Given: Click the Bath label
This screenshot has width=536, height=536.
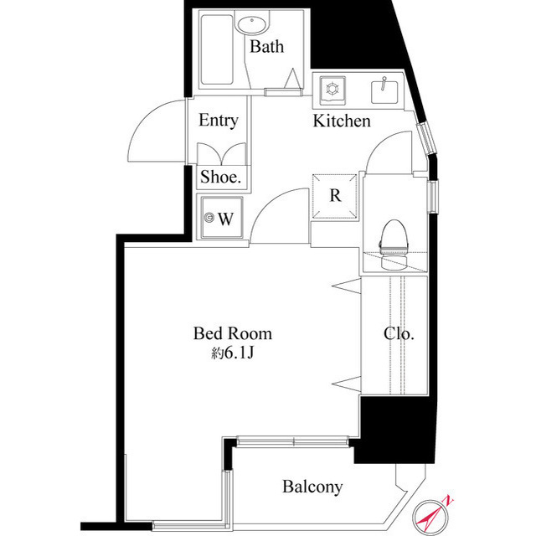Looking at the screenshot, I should (x=266, y=47).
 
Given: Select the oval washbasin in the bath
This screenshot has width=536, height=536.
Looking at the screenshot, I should (x=251, y=23).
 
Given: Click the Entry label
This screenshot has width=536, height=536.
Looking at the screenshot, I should (x=218, y=121).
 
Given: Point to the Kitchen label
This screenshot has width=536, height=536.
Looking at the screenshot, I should (x=342, y=122).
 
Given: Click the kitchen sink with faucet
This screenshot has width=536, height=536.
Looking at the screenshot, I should (x=385, y=89).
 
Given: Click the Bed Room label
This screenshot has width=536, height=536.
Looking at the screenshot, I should (x=232, y=333).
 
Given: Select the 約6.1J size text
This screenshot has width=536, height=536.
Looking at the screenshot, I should (x=232, y=353).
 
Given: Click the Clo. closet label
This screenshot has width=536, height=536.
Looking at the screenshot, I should (x=399, y=333).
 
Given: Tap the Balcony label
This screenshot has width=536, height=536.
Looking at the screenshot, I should (x=312, y=487).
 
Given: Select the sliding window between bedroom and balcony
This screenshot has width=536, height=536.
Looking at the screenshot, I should (x=291, y=438).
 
